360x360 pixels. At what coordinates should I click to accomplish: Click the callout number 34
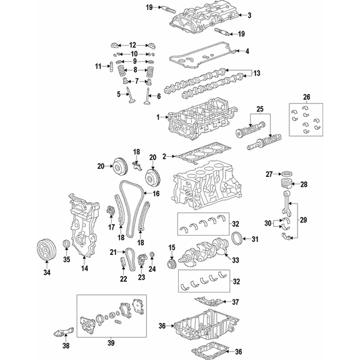47,272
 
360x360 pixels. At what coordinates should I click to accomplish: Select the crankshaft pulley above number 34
47,250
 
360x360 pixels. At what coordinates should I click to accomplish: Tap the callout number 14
84,268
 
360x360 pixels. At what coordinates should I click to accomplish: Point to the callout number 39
111,342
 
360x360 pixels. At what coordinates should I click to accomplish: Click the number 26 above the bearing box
306,97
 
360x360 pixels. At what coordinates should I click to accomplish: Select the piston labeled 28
287,184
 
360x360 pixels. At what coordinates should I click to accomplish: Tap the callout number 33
236,260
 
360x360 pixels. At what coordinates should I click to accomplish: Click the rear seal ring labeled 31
236,239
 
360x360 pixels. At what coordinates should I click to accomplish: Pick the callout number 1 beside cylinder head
158,117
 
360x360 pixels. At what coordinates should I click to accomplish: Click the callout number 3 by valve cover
249,15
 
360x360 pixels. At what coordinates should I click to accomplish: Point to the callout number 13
257,73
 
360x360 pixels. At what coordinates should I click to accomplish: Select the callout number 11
98,66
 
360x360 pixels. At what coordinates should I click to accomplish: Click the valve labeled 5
131,97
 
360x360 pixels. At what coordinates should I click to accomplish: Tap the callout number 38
66,346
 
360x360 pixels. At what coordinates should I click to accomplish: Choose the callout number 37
236,302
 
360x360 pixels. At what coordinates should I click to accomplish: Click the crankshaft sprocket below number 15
171,263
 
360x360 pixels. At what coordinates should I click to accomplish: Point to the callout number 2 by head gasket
164,157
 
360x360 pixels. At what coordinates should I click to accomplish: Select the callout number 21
113,252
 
